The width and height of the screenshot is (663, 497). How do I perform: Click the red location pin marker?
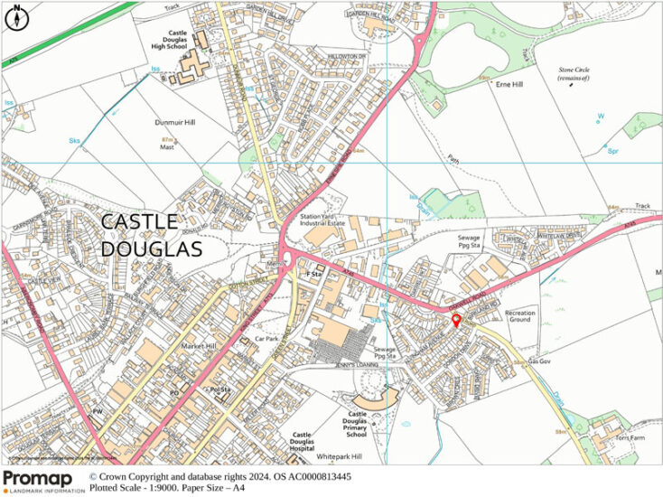455,322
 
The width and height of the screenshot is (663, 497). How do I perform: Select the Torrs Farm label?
628,438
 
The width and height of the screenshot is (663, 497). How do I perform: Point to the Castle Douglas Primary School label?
368,424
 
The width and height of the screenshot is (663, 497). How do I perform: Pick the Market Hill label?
199,346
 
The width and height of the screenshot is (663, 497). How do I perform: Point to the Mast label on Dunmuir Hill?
167,147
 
